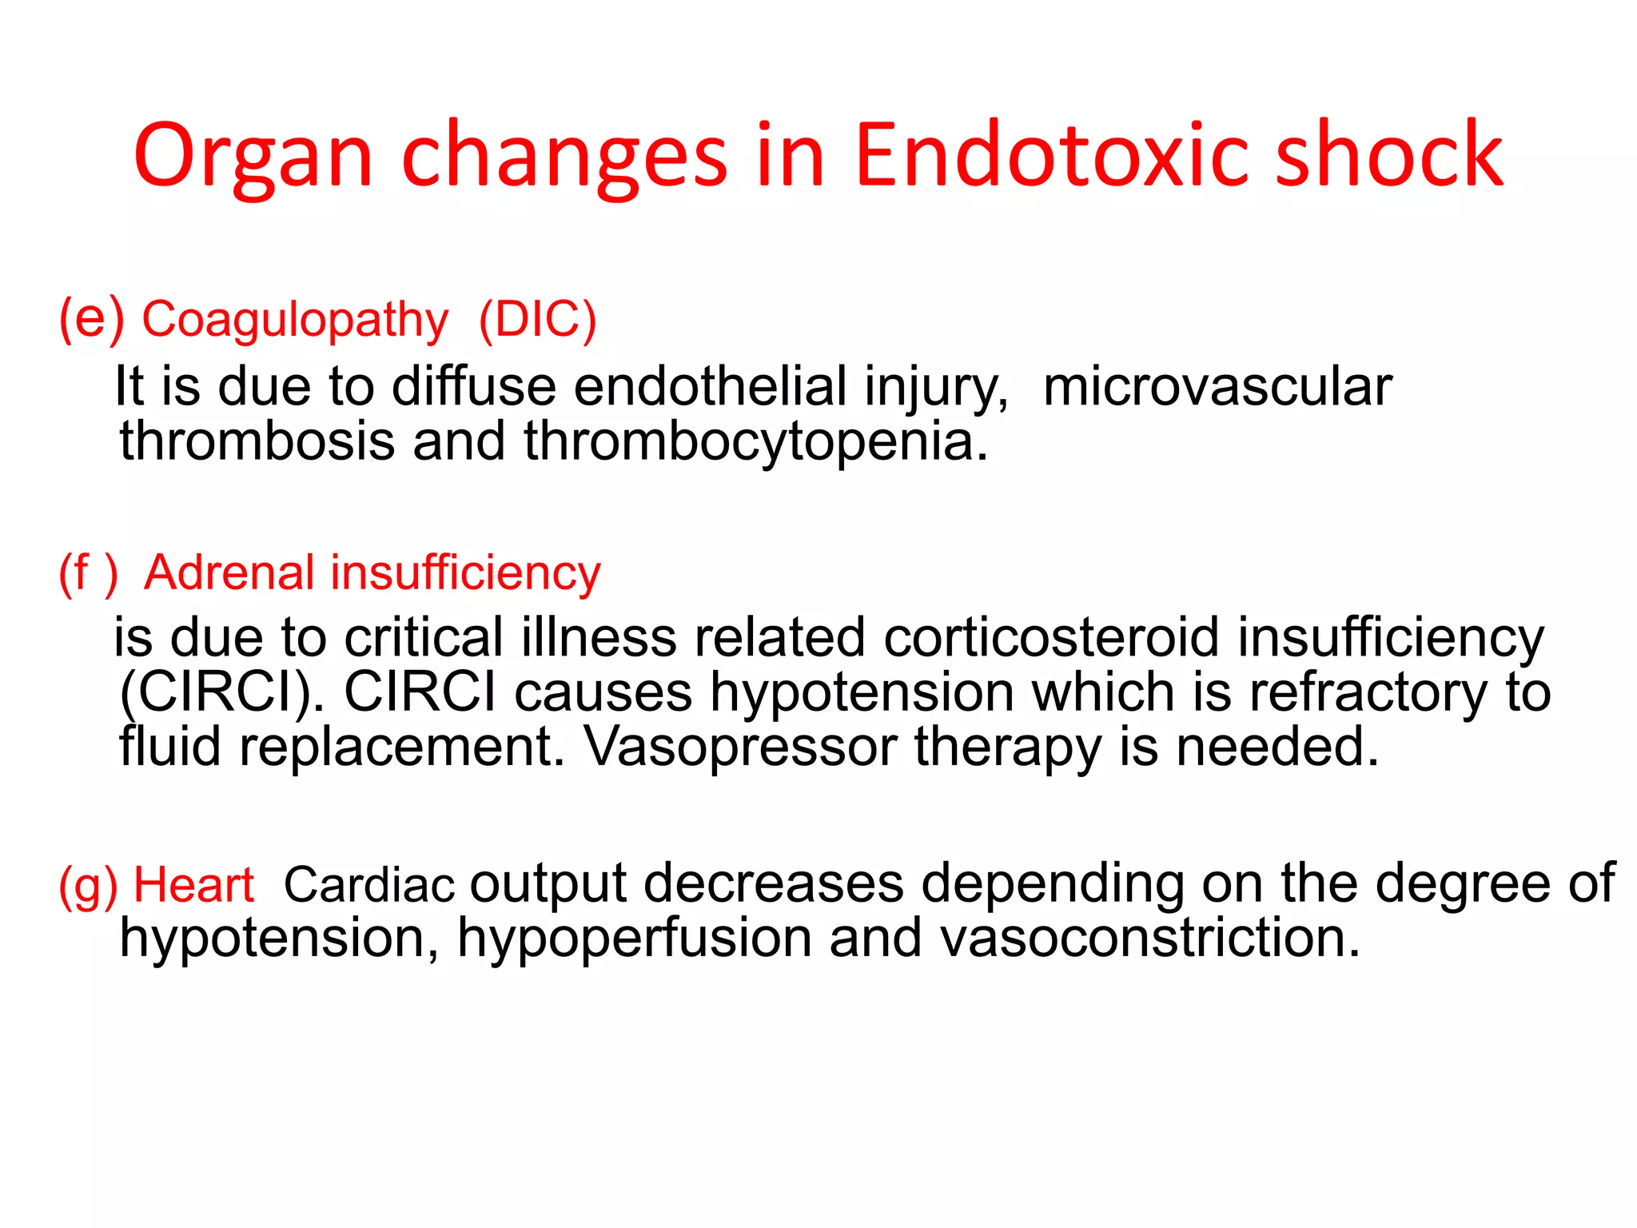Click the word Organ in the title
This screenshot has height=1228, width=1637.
[x=253, y=157]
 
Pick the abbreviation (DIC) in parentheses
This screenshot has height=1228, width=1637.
[x=537, y=320]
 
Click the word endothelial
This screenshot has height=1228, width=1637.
[x=710, y=387]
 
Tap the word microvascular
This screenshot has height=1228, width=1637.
[x=1217, y=387]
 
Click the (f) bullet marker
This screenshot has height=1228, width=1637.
[x=88, y=573]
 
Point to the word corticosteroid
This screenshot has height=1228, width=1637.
[x=1051, y=638]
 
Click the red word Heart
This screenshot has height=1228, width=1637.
[x=193, y=885]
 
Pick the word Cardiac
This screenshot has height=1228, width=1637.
[x=369, y=885]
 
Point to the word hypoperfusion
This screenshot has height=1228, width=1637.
[x=635, y=939]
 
